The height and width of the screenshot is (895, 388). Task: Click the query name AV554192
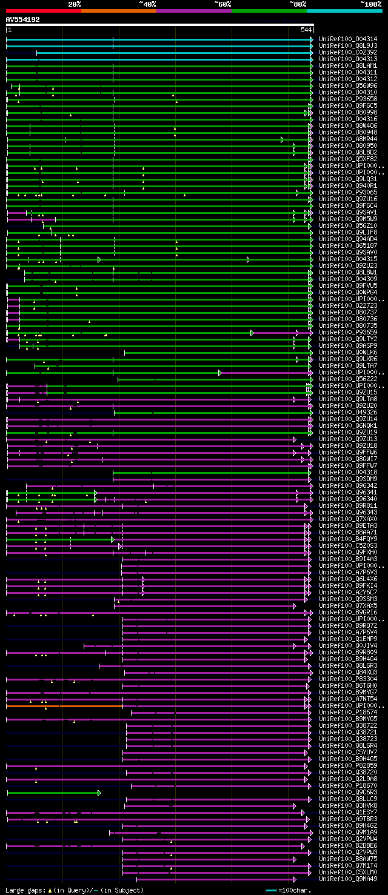pos(23,19)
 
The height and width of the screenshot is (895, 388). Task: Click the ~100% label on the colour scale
pos(370,4)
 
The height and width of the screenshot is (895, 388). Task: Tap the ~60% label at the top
pos(222,4)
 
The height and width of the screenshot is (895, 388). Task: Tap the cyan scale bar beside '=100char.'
pos(271,890)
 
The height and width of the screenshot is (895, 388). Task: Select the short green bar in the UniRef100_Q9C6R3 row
pos(53,792)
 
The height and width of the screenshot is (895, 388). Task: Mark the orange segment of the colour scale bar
pos(118,10)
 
